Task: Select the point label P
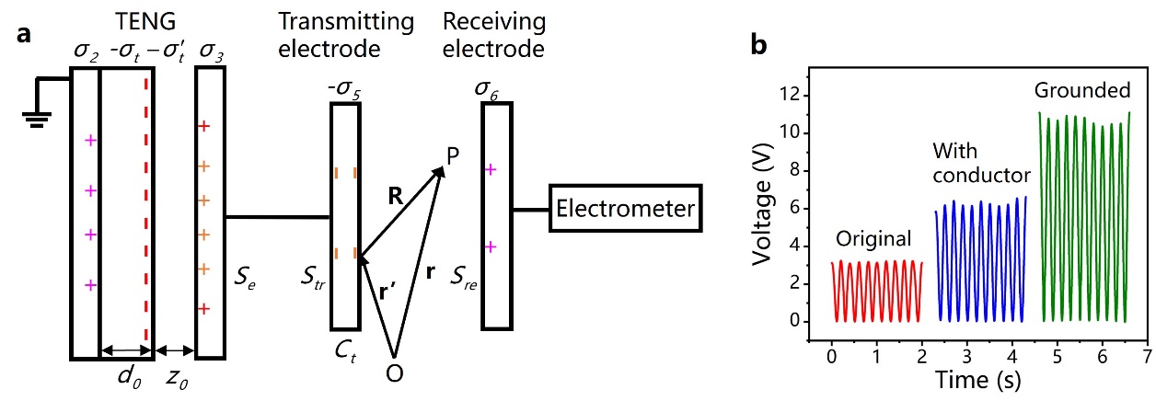pos(452,158)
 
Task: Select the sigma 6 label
pos(497,88)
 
